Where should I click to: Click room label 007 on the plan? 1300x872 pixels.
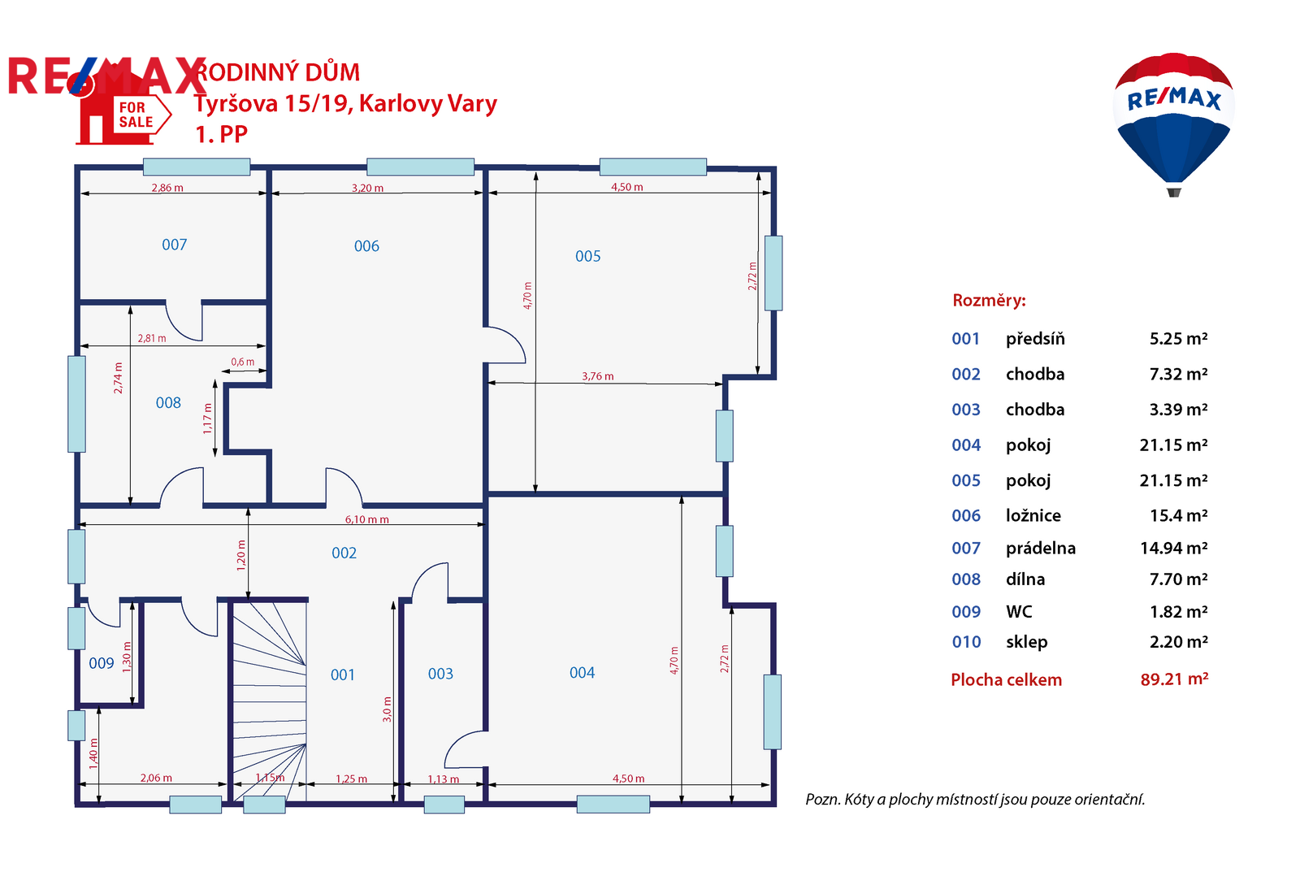tap(174, 245)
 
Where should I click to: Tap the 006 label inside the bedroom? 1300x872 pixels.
tap(366, 246)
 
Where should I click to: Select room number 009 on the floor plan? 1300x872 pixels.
tap(101, 663)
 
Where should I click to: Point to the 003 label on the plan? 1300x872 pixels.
tap(440, 674)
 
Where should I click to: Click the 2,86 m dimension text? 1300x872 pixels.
tap(167, 188)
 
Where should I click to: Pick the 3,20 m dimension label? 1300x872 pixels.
tap(367, 188)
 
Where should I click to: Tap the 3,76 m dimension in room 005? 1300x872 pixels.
tap(598, 376)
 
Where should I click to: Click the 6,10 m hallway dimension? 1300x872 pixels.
tap(366, 519)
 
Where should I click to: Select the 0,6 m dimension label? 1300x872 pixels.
tap(243, 362)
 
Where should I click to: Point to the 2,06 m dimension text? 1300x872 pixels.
tap(156, 778)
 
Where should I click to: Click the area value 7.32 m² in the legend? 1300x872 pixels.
tap(1178, 374)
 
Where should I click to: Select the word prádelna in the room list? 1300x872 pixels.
tap(1041, 548)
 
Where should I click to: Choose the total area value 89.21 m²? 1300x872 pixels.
tap(1174, 679)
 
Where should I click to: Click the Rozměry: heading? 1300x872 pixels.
tap(989, 300)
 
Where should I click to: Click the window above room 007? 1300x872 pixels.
tap(197, 167)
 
